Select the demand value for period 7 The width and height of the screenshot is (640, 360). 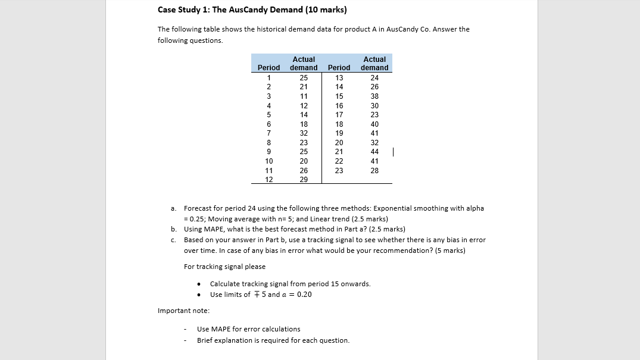click(304, 133)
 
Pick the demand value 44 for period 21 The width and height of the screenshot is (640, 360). click(374, 152)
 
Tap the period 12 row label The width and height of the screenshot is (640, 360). click(269, 180)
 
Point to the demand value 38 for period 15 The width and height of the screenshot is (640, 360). click(374, 96)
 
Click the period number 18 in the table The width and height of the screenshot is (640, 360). click(339, 124)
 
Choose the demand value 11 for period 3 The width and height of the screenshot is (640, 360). click(304, 96)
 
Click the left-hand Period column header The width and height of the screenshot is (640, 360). click(269, 68)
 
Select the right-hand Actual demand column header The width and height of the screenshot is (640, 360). click(375, 64)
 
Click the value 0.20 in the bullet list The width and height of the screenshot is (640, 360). click(304, 295)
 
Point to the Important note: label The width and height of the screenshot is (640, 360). click(183, 311)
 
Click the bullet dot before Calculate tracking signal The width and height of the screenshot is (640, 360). click(198, 284)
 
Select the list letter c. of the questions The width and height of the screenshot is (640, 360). click(173, 240)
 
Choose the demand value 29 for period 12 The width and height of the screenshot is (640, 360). click(304, 180)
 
